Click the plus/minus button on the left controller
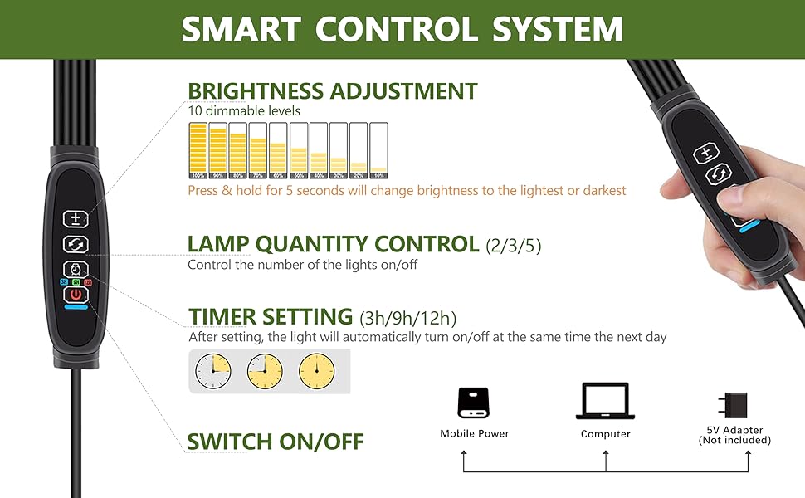point(76,218)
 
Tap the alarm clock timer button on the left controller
point(76,269)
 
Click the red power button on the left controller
point(76,294)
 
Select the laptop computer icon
point(605,402)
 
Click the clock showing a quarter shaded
point(212,371)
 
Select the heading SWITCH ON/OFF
point(276,441)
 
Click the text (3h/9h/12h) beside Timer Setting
point(407,317)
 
